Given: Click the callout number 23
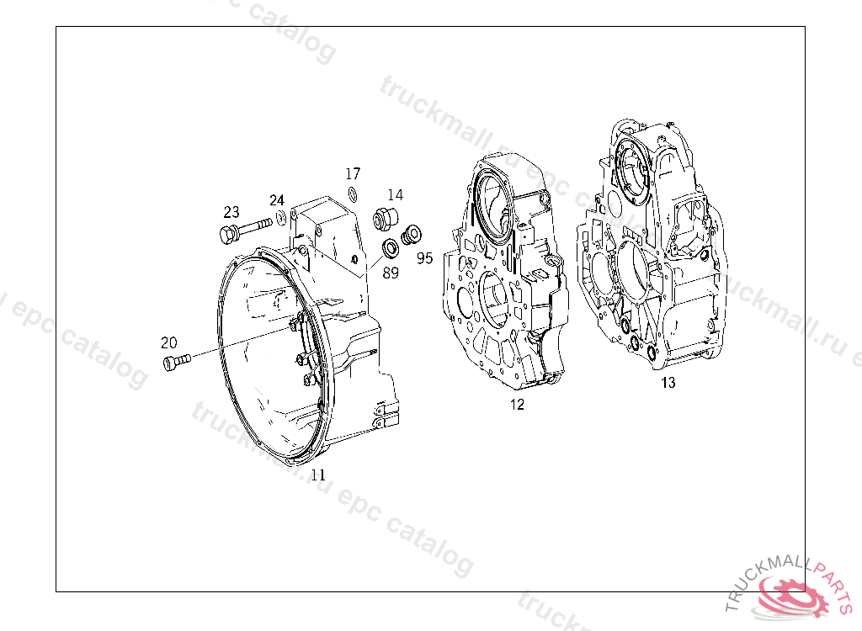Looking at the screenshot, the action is pyautogui.click(x=231, y=212).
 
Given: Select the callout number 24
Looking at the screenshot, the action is pyautogui.click(x=276, y=200).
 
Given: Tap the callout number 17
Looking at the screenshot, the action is pyautogui.click(x=353, y=173).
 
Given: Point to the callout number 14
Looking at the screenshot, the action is pyautogui.click(x=395, y=194).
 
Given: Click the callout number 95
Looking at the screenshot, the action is pyautogui.click(x=424, y=257).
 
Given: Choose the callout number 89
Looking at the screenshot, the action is pyautogui.click(x=391, y=272).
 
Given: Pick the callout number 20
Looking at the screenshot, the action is pyautogui.click(x=168, y=342).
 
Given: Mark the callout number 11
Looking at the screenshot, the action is pyautogui.click(x=318, y=475).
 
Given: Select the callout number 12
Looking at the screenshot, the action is pyautogui.click(x=517, y=404).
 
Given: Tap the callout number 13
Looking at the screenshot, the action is pyautogui.click(x=668, y=382).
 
